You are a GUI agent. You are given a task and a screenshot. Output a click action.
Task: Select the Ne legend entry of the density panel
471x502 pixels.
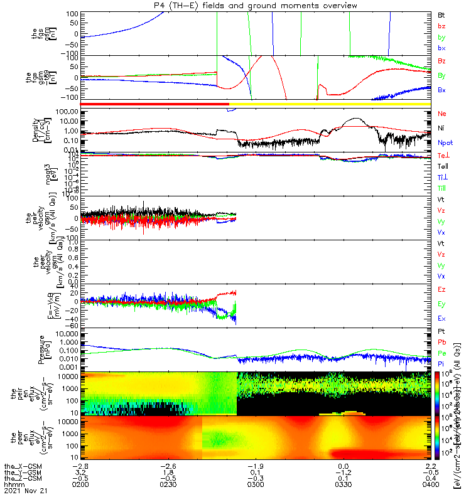click(x=441, y=114)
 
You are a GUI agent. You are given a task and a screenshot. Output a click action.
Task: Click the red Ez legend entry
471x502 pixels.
click(x=441, y=289)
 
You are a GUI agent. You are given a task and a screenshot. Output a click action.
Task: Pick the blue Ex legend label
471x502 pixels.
click(x=441, y=318)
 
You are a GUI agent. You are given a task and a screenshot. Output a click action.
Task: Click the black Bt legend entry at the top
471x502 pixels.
click(x=441, y=14)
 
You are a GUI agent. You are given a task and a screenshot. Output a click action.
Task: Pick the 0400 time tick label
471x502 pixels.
click(x=430, y=485)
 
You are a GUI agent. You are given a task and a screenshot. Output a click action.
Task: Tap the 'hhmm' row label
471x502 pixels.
click(x=12, y=485)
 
